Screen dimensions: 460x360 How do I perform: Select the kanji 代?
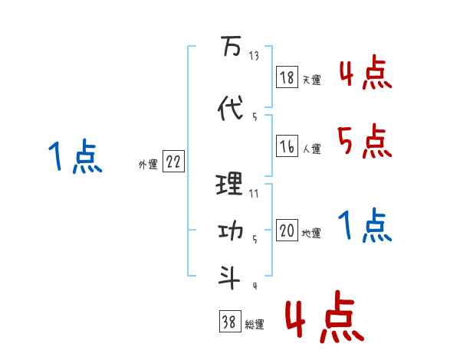click(230, 109)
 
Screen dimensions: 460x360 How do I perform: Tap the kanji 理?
click(230, 184)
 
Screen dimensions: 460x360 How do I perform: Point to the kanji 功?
click(230, 232)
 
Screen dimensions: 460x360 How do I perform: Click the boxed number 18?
click(287, 77)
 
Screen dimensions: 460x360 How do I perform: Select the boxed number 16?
click(287, 146)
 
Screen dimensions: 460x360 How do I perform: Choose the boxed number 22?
click(173, 162)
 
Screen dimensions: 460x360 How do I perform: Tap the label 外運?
click(147, 164)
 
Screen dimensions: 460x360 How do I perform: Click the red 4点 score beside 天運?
click(364, 74)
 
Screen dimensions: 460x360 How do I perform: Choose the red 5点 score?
click(364, 141)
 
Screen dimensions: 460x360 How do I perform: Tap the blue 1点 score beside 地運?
click(364, 226)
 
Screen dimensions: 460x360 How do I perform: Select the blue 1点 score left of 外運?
click(74, 158)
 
